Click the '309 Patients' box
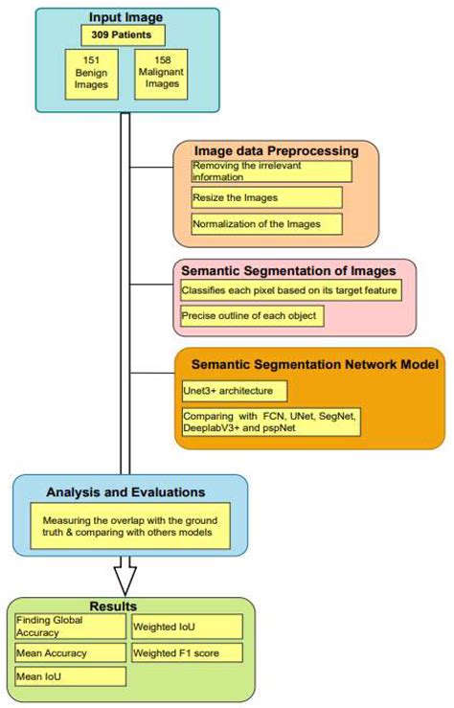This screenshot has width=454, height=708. (123, 35)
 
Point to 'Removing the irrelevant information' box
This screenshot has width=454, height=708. (270, 171)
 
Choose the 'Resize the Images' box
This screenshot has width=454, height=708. (265, 197)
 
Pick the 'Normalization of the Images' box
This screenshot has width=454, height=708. (265, 224)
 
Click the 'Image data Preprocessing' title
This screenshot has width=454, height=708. (276, 151)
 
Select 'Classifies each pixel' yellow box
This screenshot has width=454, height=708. (289, 288)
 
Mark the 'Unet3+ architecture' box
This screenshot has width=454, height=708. (233, 391)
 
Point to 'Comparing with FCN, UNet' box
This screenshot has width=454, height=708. (270, 423)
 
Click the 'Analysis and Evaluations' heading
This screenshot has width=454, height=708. (128, 492)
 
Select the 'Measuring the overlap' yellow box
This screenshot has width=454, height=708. (141, 527)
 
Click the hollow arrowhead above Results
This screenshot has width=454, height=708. (125, 579)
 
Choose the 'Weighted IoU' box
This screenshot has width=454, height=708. (187, 627)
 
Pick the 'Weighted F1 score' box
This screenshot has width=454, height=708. (187, 653)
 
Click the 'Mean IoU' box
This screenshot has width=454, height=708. (71, 676)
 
